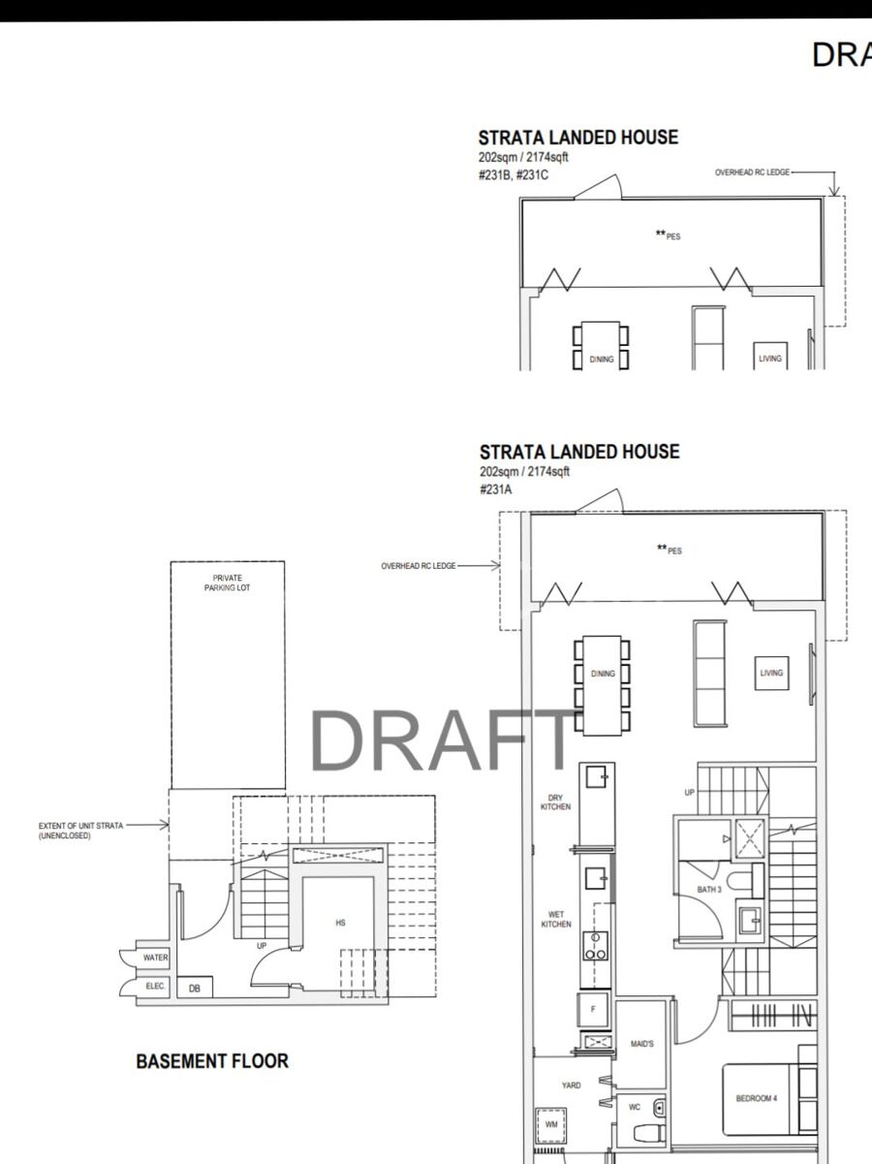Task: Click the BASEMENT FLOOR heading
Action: point(212,1060)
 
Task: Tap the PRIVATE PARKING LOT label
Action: point(227,582)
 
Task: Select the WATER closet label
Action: point(155,958)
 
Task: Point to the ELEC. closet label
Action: point(155,986)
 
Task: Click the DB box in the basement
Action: point(195,988)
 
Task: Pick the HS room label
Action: point(340,923)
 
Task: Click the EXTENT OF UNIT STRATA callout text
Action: point(80,831)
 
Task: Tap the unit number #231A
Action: point(496,489)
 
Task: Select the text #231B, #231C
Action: point(514,175)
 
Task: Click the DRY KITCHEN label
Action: point(555,802)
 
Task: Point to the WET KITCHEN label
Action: point(556,919)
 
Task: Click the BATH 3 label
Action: point(709,890)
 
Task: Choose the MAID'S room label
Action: point(642,1044)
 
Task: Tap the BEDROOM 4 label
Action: point(757,1098)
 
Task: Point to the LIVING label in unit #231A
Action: point(771,673)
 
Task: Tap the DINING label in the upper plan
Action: point(602,359)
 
